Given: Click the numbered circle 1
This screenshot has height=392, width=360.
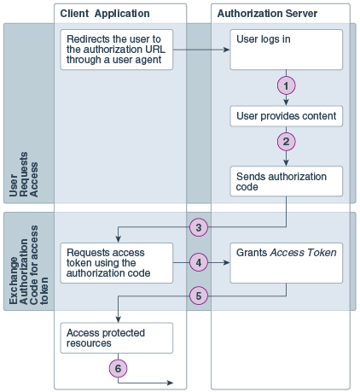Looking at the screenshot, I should click(287, 85).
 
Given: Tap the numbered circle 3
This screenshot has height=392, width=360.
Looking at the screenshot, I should click(199, 228).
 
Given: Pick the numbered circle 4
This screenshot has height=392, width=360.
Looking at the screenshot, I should click(199, 263).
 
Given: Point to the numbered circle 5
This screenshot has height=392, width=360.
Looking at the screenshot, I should click(199, 295).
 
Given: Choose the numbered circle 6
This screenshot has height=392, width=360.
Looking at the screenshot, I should click(118, 368).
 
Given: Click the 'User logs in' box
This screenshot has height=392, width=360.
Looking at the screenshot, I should click(287, 50).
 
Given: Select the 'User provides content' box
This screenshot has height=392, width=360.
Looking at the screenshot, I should click(287, 115).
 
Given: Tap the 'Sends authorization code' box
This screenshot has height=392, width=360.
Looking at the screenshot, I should click(287, 181).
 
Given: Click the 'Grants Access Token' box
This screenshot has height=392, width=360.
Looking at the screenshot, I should click(287, 263).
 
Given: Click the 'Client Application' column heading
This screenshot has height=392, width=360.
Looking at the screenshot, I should click(105, 14).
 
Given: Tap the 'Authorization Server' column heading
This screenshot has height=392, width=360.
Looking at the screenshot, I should click(267, 14).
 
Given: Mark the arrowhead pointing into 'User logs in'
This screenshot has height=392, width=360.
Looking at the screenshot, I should click(228, 50).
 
